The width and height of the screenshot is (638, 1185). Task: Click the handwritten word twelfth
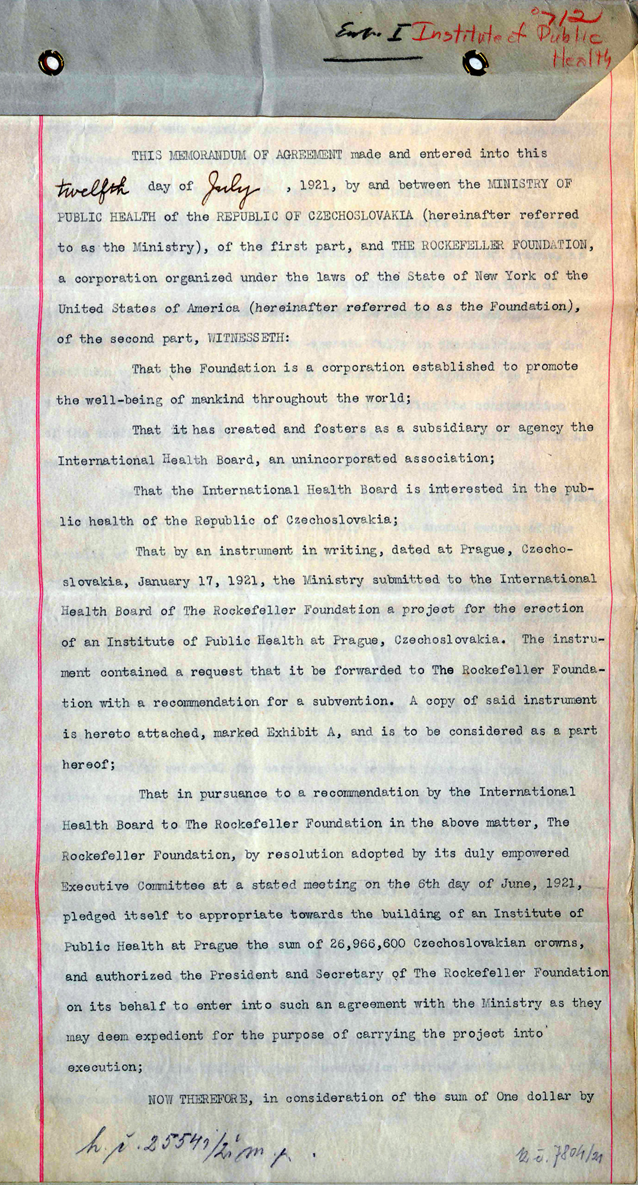click(x=92, y=188)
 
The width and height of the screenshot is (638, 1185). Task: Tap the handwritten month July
click(x=231, y=189)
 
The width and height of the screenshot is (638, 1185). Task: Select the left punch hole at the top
click(x=51, y=62)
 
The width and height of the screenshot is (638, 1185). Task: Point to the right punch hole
click(x=475, y=61)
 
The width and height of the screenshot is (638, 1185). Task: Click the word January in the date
click(x=163, y=581)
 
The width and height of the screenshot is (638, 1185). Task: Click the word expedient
click(x=169, y=1036)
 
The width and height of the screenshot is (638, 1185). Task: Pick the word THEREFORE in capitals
click(x=216, y=1099)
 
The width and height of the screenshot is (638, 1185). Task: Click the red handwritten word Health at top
click(x=581, y=59)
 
